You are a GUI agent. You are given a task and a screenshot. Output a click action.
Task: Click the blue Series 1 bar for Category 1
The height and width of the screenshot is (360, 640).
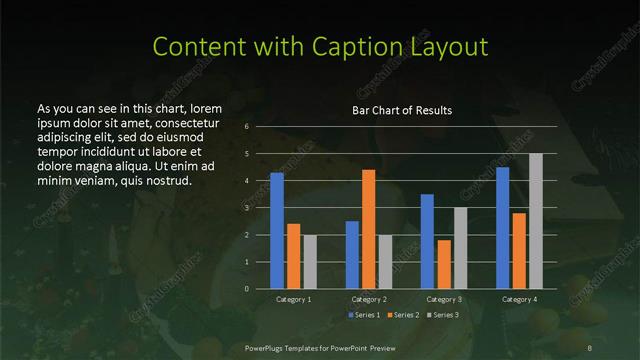(x=277, y=231)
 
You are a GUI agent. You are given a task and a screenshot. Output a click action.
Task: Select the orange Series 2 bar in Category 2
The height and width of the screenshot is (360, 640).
(x=368, y=229)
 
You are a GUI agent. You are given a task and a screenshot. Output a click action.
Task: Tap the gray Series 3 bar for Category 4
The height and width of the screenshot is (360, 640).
(x=536, y=221)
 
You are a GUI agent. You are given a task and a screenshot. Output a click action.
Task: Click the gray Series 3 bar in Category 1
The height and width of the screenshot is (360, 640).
(x=310, y=262)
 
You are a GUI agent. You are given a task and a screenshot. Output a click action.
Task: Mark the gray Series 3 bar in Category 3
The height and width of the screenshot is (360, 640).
(x=460, y=248)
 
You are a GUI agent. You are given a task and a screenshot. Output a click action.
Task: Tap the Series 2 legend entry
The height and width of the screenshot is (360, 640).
(x=402, y=315)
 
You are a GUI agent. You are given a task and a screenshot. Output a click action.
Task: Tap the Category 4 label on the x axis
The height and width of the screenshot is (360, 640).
(x=519, y=299)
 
